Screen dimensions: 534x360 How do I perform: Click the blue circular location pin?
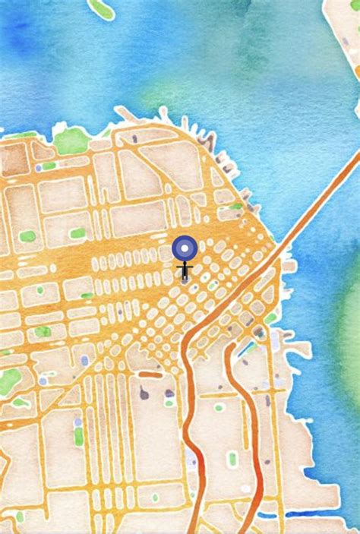(x=185, y=248)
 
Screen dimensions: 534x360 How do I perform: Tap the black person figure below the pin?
(x=185, y=270)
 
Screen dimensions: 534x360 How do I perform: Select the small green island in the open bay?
(x=101, y=8)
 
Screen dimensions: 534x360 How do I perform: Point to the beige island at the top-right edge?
(x=343, y=30)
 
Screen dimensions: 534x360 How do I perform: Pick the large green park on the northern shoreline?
(x=72, y=140)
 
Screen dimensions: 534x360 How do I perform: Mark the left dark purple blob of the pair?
(x=144, y=393)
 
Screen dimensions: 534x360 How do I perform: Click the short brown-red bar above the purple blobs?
(x=150, y=374)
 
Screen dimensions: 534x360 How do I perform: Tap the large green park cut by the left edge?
(x=9, y=380)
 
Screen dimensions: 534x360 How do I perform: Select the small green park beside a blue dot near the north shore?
(x=49, y=166)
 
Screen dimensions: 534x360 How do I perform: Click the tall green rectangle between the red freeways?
(x=232, y=458)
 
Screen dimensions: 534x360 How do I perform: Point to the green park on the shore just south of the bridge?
(x=270, y=318)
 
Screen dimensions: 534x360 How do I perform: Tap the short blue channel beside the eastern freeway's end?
(x=248, y=348)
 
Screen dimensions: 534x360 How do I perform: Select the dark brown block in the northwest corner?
(x=14, y=159)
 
